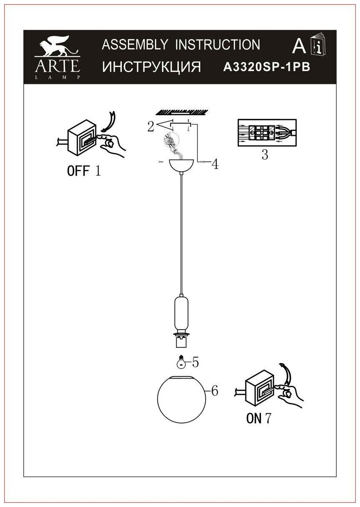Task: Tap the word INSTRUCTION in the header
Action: point(217,44)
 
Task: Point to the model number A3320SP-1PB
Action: point(267,67)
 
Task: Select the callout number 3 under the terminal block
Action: point(265,155)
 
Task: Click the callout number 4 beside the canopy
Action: point(215,165)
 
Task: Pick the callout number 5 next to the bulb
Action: point(195,362)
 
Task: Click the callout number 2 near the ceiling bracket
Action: point(150,126)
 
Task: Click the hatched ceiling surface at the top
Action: point(181,111)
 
